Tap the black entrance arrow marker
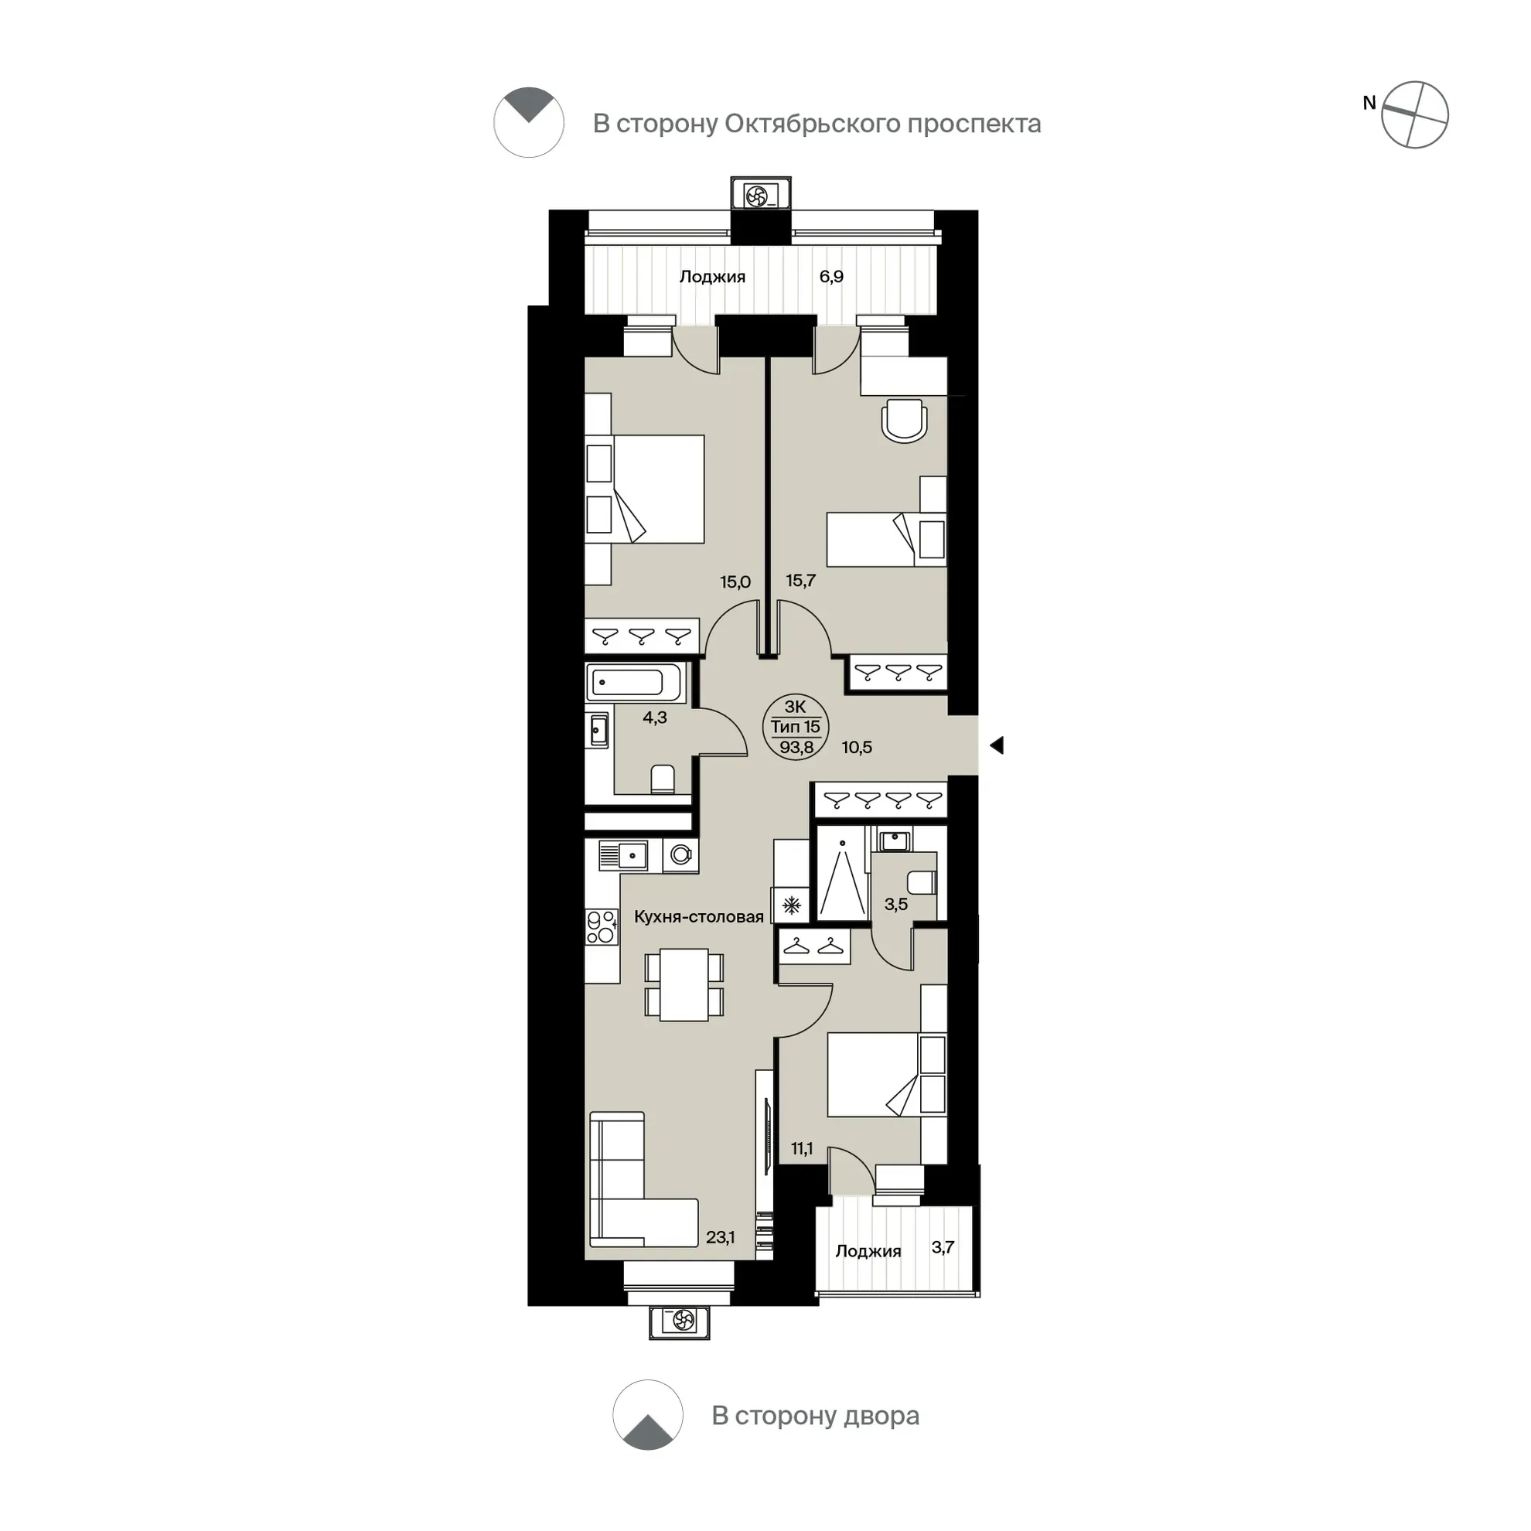click(997, 745)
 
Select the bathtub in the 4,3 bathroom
click(636, 682)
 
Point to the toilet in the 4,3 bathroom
click(663, 779)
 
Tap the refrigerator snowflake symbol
click(792, 905)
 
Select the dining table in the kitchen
click(684, 985)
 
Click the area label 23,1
click(721, 1237)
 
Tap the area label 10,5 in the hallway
click(857, 747)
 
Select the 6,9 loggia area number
click(831, 277)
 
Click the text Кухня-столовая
click(699, 917)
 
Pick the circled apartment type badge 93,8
click(796, 727)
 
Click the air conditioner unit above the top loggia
click(761, 194)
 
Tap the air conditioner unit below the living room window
click(679, 1320)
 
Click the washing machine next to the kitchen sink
click(680, 855)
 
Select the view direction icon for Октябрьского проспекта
click(529, 123)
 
